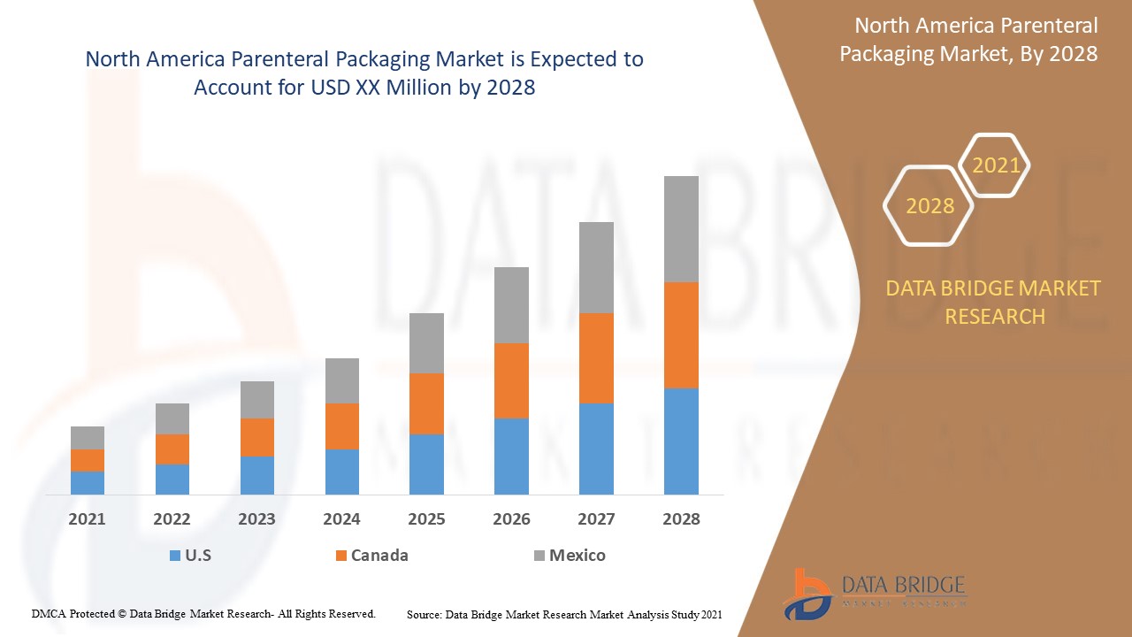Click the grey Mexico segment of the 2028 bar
(x=681, y=229)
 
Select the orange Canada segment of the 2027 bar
(x=596, y=358)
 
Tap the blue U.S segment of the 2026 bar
(x=511, y=456)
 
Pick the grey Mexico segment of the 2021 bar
(x=88, y=438)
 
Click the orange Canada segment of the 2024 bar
(x=342, y=426)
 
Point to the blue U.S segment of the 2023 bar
(x=257, y=475)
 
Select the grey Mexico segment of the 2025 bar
(x=426, y=343)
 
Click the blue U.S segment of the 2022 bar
(x=172, y=479)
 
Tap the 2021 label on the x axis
(x=87, y=519)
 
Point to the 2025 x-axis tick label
(x=426, y=519)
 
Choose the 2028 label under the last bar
(x=681, y=519)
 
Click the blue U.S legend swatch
(x=174, y=556)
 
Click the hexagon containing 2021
(x=996, y=165)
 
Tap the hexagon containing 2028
(x=929, y=206)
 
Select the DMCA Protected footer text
(x=203, y=613)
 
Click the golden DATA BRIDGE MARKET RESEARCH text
(x=994, y=302)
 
